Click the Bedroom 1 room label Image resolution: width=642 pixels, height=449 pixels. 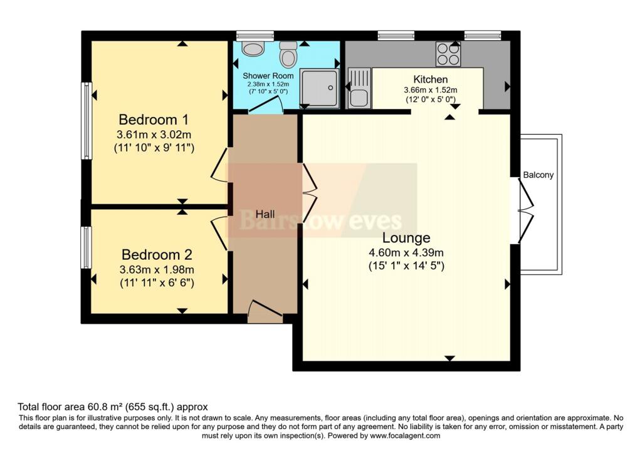[154, 120]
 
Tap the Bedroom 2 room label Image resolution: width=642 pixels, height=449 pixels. [157, 255]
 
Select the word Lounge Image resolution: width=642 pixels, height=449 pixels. [406, 237]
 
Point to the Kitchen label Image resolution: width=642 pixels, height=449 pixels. [430, 80]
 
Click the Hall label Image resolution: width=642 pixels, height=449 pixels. [265, 214]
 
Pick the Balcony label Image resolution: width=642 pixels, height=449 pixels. [538, 175]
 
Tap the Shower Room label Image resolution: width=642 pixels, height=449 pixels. [268, 76]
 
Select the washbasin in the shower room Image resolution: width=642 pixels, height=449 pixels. [253, 49]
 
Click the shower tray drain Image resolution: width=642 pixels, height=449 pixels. [330, 88]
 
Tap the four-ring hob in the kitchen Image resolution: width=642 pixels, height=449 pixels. [448, 54]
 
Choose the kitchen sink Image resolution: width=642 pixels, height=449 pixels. [359, 88]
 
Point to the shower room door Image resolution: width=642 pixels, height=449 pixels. [266, 104]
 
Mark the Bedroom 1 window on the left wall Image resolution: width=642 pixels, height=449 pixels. [87, 121]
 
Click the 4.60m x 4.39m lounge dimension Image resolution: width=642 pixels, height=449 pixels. [406, 253]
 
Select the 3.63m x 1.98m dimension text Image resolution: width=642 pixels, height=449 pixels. [157, 270]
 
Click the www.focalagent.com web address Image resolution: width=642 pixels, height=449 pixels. [405, 436]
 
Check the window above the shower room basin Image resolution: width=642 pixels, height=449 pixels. [255, 36]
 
